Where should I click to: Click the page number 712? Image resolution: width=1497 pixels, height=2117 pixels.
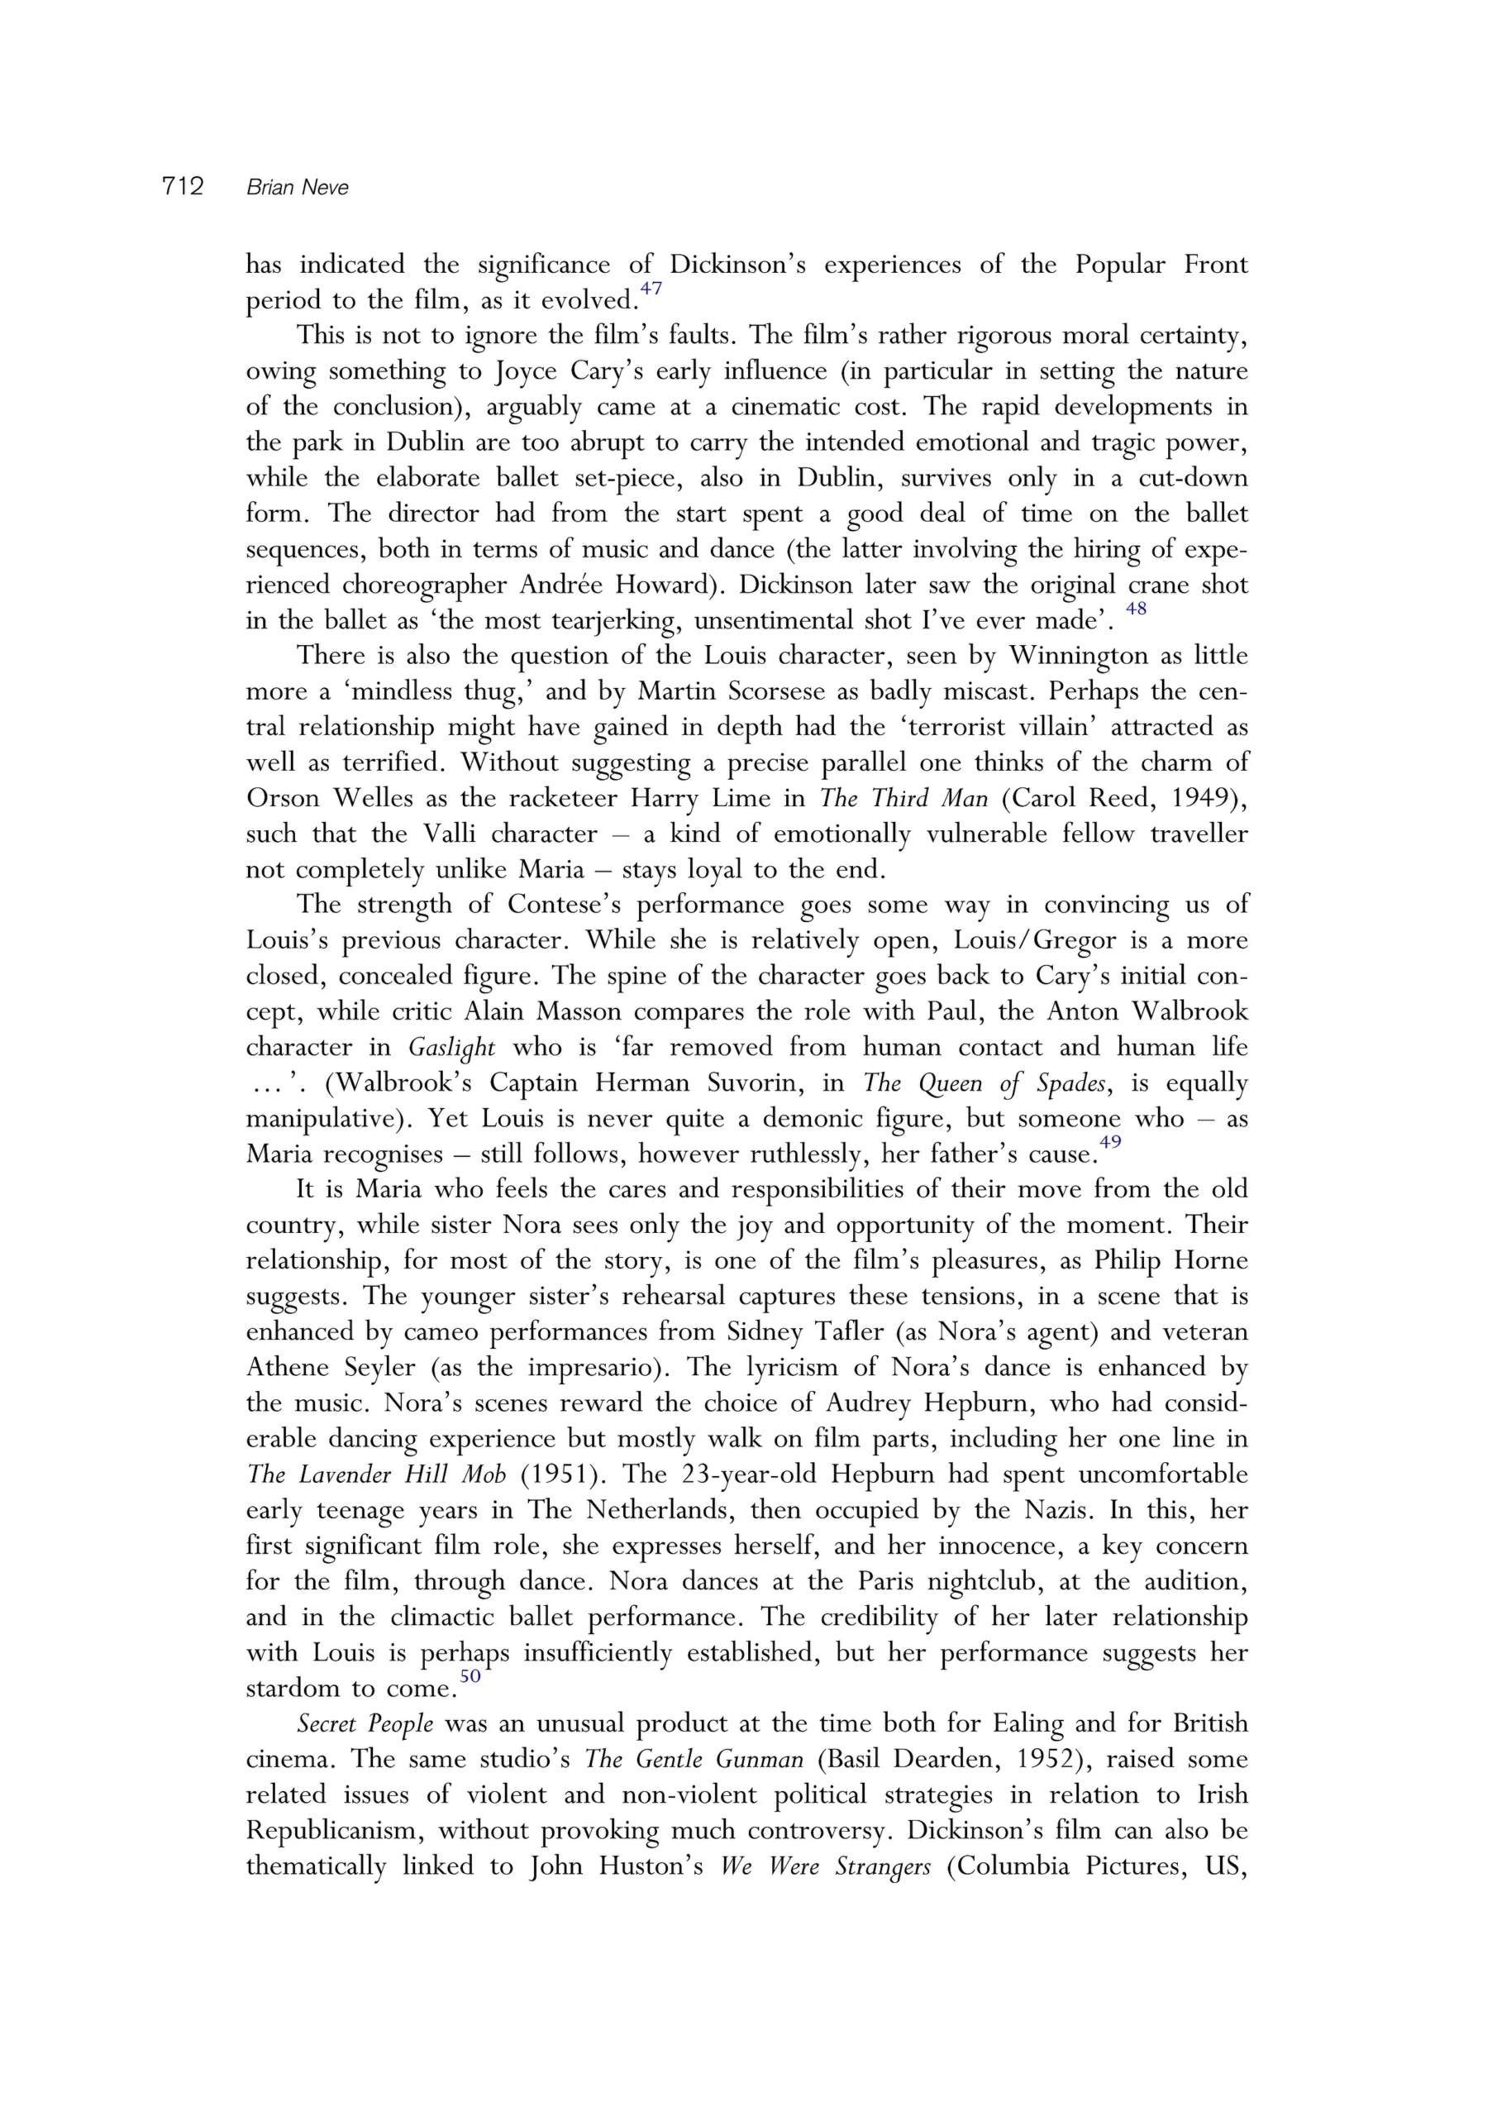click(x=183, y=186)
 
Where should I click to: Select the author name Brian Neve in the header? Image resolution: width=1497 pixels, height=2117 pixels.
click(x=298, y=187)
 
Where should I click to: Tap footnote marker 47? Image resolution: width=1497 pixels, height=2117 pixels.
click(x=651, y=289)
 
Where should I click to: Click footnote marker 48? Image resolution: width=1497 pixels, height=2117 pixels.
click(x=1137, y=609)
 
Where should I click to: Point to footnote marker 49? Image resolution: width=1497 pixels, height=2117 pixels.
click(x=1110, y=1141)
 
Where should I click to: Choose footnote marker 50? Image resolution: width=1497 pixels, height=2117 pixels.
click(x=470, y=1675)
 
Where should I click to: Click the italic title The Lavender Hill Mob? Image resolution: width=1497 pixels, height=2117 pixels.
click(x=376, y=1474)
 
